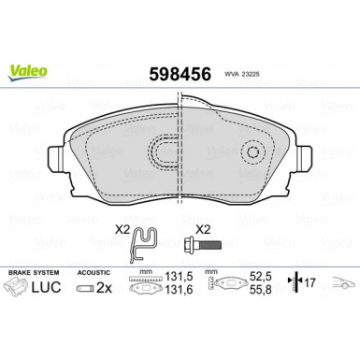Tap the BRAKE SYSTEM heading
pyautogui.click(x=30, y=271)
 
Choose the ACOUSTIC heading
pyautogui.click(x=93, y=271)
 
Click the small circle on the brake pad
pyautogui.click(x=253, y=151)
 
